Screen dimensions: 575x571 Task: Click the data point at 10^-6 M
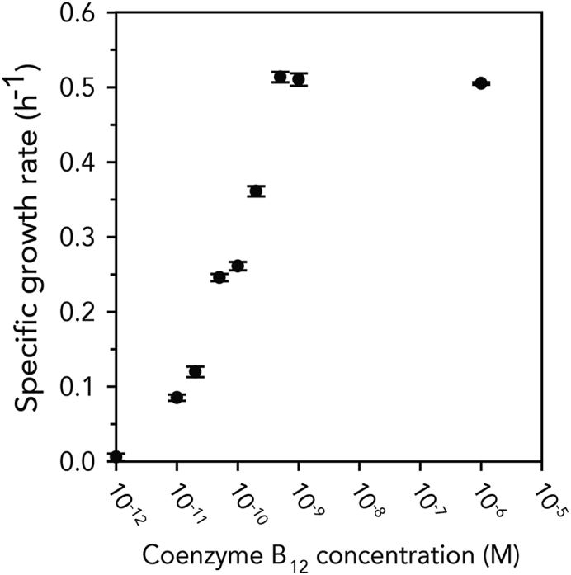pos(481,83)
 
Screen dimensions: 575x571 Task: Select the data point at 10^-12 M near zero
pos(116,456)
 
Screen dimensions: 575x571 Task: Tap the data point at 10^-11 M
pos(176,398)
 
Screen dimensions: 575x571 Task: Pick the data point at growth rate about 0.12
pos(196,371)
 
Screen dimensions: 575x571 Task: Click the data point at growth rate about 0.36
pos(256,191)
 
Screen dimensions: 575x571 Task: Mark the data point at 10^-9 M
pos(299,79)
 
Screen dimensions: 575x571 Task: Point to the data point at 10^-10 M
pos(238,266)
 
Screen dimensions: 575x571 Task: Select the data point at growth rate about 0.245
pos(219,277)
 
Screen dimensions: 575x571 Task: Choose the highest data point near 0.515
pos(281,77)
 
